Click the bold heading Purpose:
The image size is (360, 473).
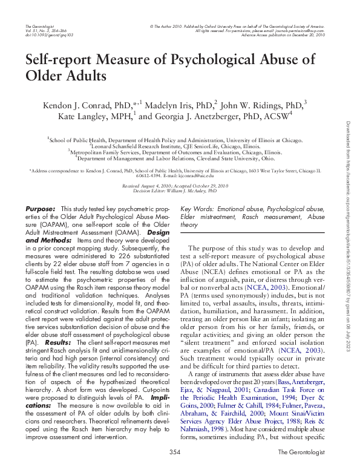coord(41,209)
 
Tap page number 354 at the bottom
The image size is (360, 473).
coord(175,452)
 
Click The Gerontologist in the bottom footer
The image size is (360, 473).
coord(301,452)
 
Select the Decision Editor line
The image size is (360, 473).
coord(175,191)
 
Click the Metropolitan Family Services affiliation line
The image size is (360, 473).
coord(175,153)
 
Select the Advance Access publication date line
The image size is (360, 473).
coord(291,36)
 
